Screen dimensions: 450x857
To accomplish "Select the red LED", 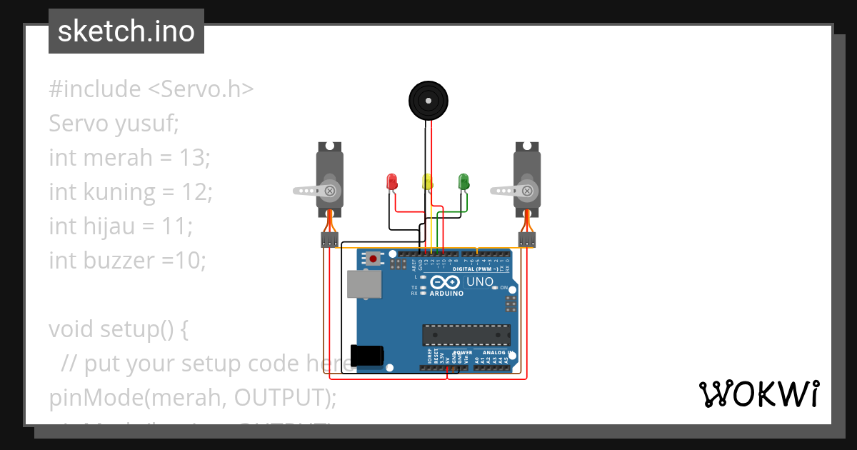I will (x=391, y=181).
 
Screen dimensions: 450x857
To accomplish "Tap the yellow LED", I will (x=427, y=181).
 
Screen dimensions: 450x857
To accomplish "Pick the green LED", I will (x=463, y=181).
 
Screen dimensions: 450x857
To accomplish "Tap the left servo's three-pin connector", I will (x=329, y=239).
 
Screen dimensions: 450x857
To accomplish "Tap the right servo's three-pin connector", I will (x=527, y=239).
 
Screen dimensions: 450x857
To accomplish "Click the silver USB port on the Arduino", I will (x=364, y=284).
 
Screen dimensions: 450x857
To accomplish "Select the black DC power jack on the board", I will (x=367, y=355).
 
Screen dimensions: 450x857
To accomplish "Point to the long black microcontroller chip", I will (x=466, y=334).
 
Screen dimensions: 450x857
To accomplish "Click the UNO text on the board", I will (x=479, y=282).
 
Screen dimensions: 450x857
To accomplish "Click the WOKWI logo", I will (x=758, y=394).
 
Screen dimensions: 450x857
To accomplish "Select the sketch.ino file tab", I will (x=126, y=31).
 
